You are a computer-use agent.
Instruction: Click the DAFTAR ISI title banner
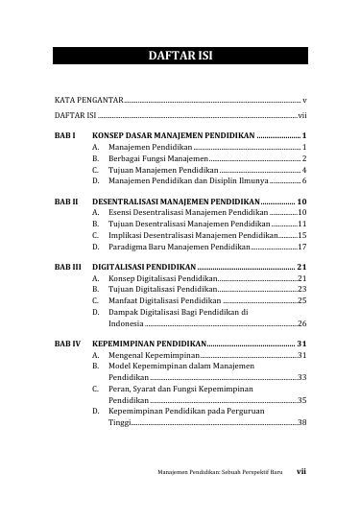(x=180, y=55)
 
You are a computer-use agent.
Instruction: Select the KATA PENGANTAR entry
(x=84, y=100)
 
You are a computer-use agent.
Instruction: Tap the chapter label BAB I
(x=63, y=136)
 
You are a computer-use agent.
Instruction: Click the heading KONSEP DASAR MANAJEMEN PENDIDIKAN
(x=180, y=136)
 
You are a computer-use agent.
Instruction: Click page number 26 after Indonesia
(x=301, y=324)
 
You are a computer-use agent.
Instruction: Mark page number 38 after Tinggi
(x=301, y=422)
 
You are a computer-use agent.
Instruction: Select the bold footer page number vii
(x=300, y=498)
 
